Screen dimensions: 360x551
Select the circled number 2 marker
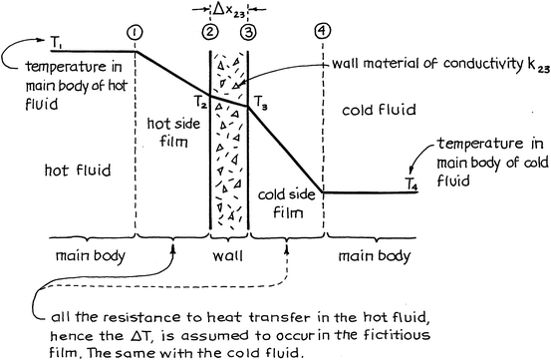point(209,31)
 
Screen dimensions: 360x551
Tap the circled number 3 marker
point(247,31)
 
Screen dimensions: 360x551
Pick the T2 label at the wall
point(197,101)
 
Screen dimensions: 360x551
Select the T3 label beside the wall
point(261,100)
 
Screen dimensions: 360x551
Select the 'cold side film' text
point(286,204)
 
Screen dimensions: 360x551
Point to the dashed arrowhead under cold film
point(287,240)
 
